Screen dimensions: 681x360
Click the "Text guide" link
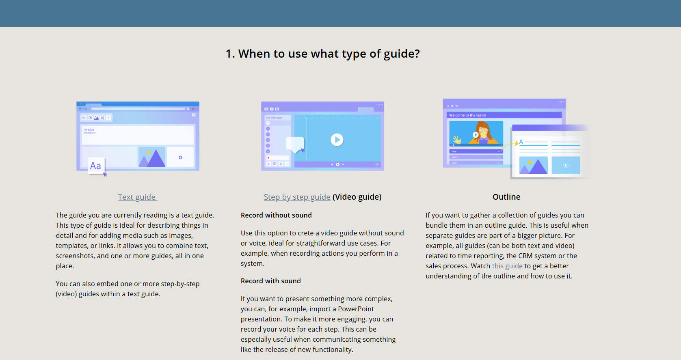point(137,197)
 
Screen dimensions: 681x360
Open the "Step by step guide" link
point(297,197)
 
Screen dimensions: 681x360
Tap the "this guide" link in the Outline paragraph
point(507,266)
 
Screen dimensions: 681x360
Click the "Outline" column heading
point(506,197)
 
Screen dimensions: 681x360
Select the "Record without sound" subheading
point(276,215)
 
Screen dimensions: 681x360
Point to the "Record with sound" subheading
point(270,281)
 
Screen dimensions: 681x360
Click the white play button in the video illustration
point(337,140)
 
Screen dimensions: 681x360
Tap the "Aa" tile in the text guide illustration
point(96,166)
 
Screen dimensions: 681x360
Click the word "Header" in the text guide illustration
point(89,130)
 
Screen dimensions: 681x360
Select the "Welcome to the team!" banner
point(504,115)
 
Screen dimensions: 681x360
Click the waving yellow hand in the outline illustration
point(457,140)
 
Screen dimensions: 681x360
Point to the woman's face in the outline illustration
point(484,131)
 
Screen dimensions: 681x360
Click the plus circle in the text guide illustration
point(180,157)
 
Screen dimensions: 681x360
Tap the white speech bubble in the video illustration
point(295,144)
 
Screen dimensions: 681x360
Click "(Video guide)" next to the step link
point(357,197)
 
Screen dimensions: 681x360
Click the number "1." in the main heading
point(230,54)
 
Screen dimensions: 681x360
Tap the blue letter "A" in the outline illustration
point(521,142)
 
